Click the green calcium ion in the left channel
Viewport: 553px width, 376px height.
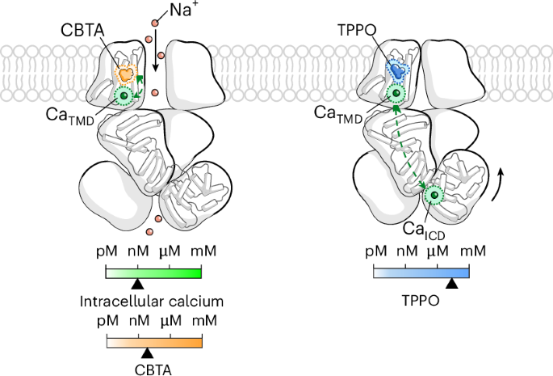point(124,97)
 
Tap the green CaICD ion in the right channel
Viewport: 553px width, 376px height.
point(434,195)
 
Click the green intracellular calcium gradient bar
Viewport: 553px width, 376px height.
point(153,272)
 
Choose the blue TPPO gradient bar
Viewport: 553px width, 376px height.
point(421,272)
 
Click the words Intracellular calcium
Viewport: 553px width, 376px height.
point(152,302)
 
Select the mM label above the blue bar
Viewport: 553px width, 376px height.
point(473,251)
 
